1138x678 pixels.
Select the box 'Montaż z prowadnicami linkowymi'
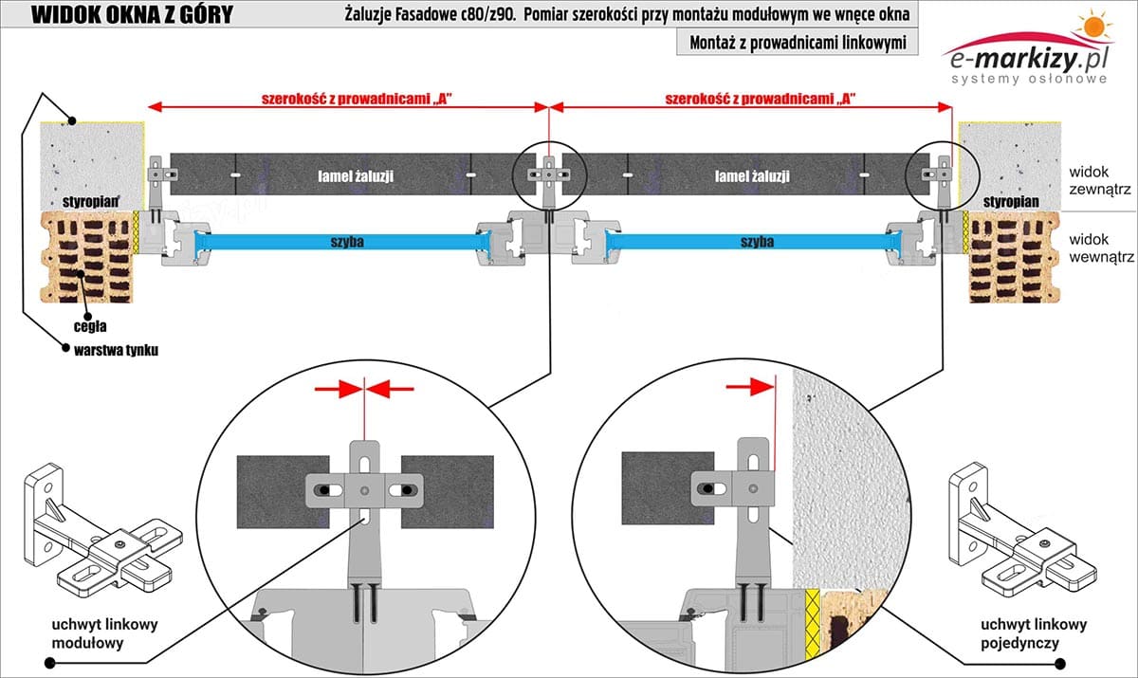pyautogui.click(x=798, y=44)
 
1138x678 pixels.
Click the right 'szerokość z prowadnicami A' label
pyautogui.click(x=754, y=98)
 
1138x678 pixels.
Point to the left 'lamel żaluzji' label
pyautogui.click(x=356, y=176)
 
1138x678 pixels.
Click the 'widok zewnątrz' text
pyautogui.click(x=1099, y=180)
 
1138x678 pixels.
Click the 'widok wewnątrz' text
pyautogui.click(x=1099, y=249)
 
